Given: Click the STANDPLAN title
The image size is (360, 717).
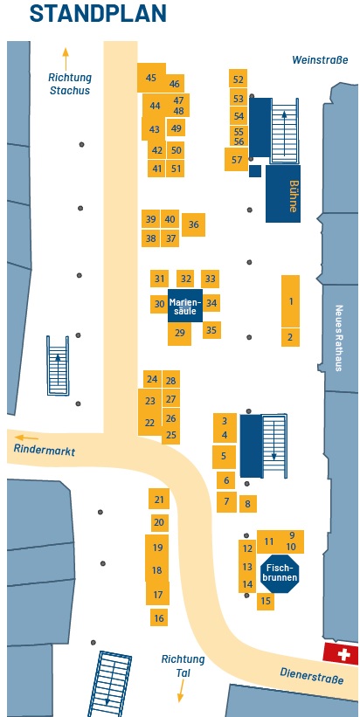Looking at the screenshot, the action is coord(98,13).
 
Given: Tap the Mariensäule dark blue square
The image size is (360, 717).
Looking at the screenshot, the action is coord(184,306).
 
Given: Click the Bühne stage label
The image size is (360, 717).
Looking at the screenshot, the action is coord(294,196).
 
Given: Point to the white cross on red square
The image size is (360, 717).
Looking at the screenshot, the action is coord(340,654).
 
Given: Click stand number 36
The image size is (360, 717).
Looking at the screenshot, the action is coord(193,224).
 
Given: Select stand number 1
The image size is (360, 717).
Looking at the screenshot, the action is coord(290,301).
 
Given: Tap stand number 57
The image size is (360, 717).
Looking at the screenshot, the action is coord(237,160).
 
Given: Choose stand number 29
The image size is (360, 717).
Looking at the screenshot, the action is coord(179,334).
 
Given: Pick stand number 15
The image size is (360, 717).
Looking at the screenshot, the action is coord(266,602).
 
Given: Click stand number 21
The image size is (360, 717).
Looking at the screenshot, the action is coord(159,499).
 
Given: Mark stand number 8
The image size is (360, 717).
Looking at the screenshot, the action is coord(248,504).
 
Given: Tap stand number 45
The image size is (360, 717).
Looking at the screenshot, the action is coord(151,77).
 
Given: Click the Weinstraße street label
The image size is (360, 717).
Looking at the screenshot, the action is coord(320,60).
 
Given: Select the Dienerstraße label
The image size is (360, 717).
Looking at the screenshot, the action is coord(312,674).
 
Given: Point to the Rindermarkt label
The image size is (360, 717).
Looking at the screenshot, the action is coord(44,450).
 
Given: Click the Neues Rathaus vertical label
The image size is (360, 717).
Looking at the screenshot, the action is coord(339,338).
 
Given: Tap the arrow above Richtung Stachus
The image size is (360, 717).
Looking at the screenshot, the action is coord(66,59).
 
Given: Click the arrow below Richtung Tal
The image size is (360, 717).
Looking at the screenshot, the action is coord(181,691).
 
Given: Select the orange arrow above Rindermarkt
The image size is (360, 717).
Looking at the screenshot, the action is coord(26,438).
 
